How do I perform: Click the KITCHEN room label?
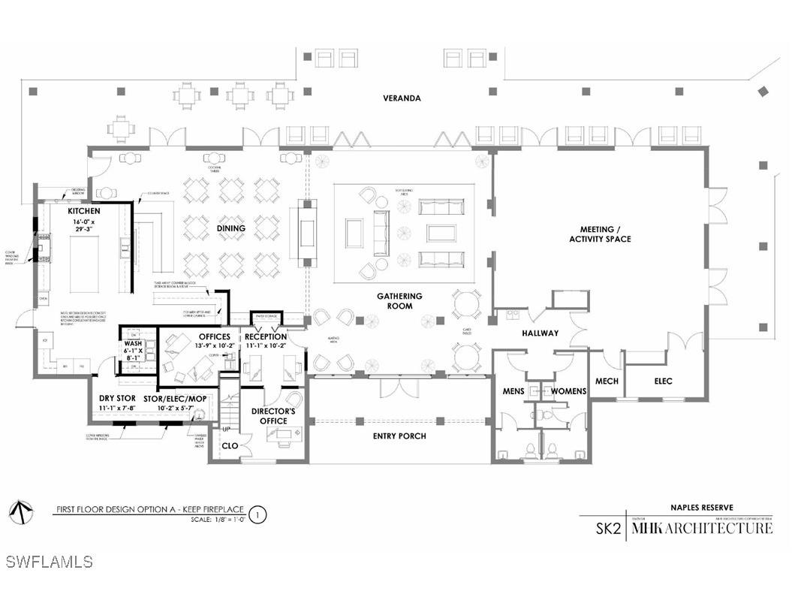(x=83, y=211)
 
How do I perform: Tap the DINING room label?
(x=231, y=228)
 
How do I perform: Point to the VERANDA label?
(x=402, y=98)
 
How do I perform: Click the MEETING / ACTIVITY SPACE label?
(x=605, y=234)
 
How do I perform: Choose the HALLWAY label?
(x=541, y=333)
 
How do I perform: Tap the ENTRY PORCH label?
(x=399, y=436)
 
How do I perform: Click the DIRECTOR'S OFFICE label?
(x=273, y=416)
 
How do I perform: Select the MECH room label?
(x=607, y=381)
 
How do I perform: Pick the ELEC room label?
(x=663, y=381)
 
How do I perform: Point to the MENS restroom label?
(x=514, y=391)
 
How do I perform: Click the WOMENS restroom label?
(x=568, y=391)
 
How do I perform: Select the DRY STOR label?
(x=116, y=399)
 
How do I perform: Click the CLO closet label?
(x=230, y=445)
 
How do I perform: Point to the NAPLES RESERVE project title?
(x=702, y=508)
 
